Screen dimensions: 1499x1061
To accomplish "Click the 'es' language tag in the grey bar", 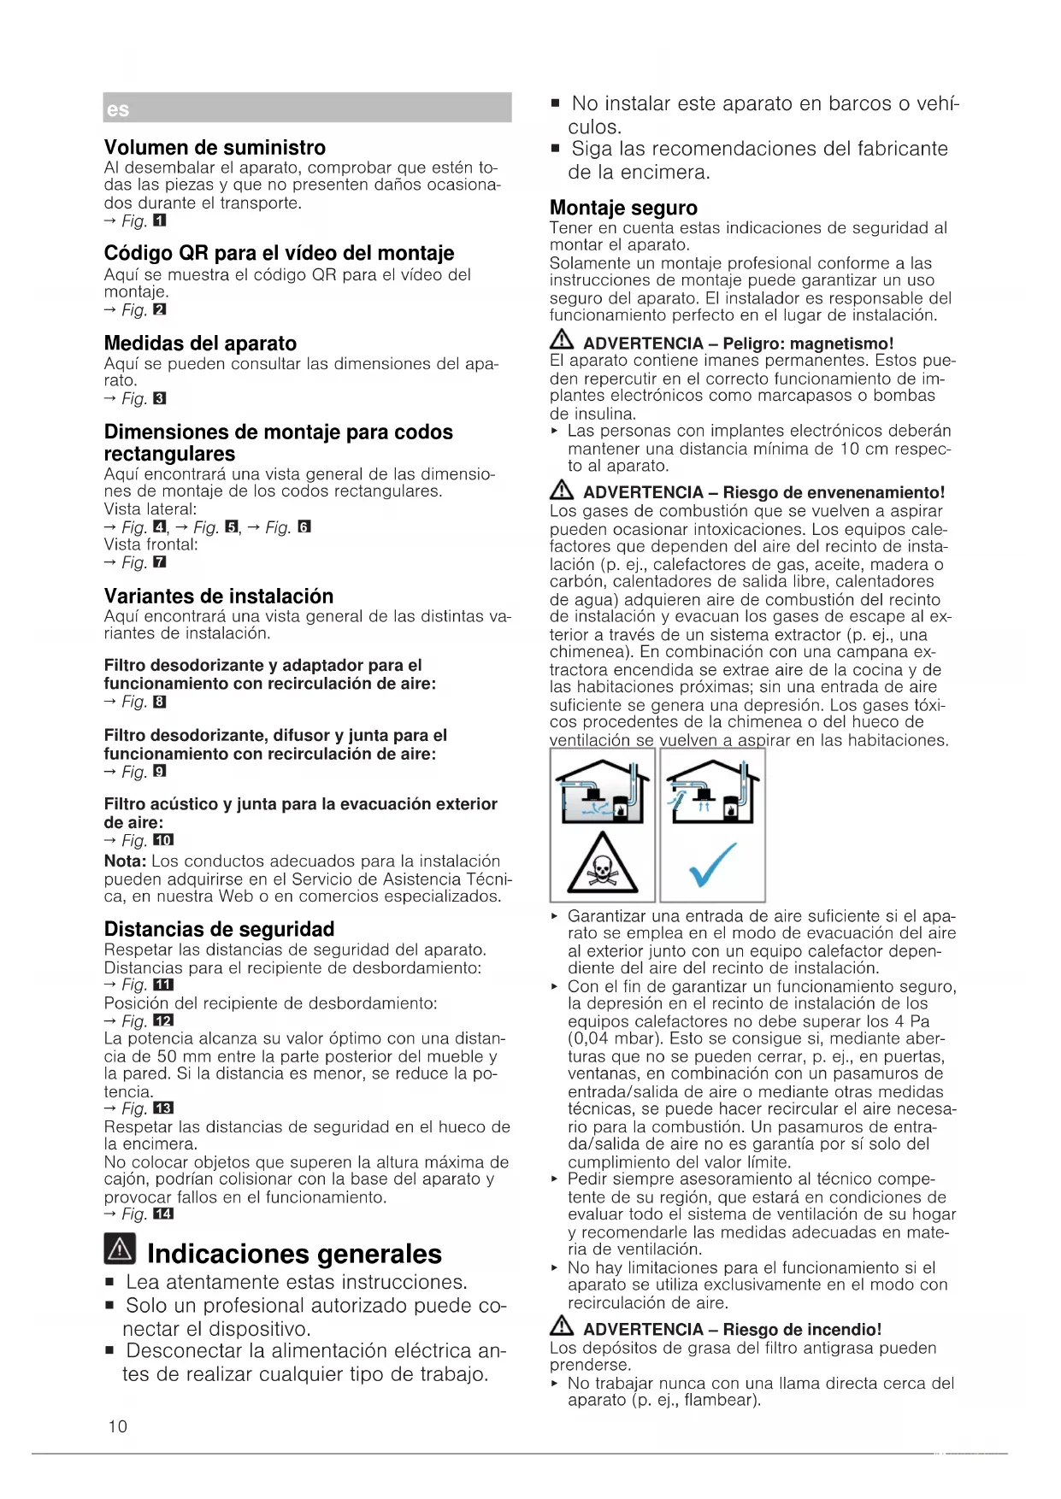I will tap(118, 110).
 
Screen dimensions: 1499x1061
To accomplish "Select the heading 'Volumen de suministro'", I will tap(215, 148).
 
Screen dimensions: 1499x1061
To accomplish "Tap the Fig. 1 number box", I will tap(159, 221).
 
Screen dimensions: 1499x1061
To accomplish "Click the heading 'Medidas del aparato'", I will tap(200, 344).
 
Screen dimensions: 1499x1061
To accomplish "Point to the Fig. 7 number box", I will tap(159, 562).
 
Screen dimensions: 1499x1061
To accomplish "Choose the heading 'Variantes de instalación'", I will tap(219, 597).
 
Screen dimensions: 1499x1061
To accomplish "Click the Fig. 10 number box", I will tap(162, 841).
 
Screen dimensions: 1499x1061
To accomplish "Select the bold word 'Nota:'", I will tap(125, 861).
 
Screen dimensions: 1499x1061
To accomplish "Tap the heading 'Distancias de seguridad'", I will tap(219, 929).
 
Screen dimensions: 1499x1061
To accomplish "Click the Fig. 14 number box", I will tap(162, 1214).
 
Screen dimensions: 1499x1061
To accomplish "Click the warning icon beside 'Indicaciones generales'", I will tap(120, 1249).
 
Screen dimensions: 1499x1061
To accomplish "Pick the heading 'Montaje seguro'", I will tap(623, 209).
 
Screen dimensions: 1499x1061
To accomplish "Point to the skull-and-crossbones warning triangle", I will tap(603, 865).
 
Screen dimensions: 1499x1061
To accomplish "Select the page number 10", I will tap(118, 1426).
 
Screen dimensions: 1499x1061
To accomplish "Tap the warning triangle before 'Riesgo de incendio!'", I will tap(562, 1328).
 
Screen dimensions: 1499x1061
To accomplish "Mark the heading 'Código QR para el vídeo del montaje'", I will tap(279, 254).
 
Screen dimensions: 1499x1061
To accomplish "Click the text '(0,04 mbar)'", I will tap(615, 1039).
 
